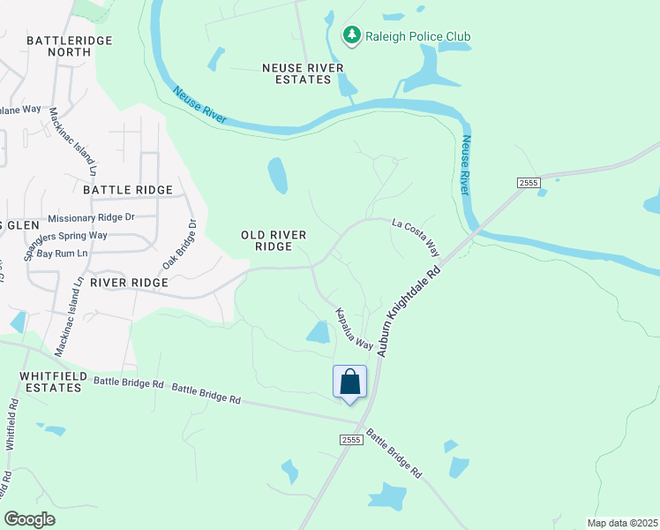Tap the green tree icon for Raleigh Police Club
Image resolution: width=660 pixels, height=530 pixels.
click(x=352, y=35)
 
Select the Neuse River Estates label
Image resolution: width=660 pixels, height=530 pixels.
click(x=296, y=73)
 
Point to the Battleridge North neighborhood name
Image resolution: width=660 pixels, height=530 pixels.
click(x=58, y=46)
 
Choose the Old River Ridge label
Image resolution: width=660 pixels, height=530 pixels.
click(x=274, y=240)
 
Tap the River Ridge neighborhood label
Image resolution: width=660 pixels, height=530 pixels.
click(x=129, y=282)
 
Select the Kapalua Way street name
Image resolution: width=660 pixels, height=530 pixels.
click(x=352, y=329)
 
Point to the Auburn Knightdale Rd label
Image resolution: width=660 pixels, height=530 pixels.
click(x=408, y=301)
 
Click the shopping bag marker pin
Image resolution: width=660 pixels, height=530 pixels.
click(x=350, y=382)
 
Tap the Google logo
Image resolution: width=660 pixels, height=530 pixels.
click(x=29, y=519)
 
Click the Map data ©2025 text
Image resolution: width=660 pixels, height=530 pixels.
click(x=622, y=522)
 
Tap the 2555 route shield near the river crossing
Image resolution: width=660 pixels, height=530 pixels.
click(x=528, y=182)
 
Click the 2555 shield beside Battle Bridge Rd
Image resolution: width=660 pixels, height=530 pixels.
click(x=351, y=439)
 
